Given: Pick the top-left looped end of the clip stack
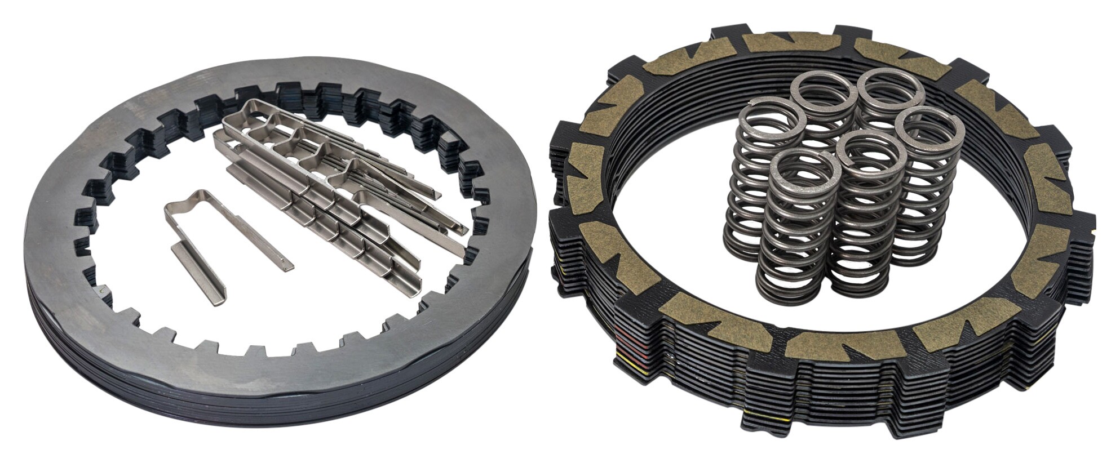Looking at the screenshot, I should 237,113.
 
